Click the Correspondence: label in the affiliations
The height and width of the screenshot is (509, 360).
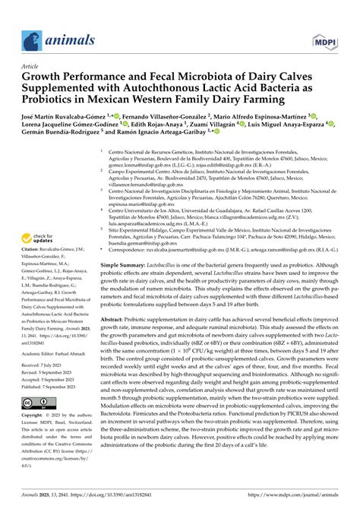(x=134, y=248)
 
